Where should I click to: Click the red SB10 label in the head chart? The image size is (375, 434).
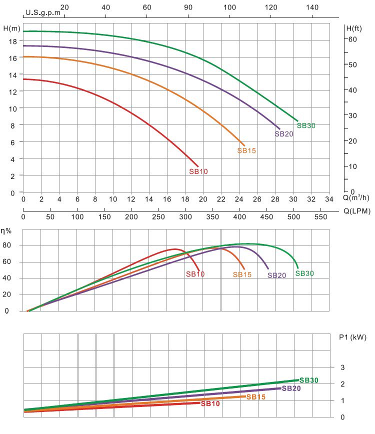pyautogui.click(x=198, y=171)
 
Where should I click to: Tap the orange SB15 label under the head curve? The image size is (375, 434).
pyautogui.click(x=246, y=150)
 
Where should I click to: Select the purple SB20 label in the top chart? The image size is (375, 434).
pyautogui.click(x=284, y=133)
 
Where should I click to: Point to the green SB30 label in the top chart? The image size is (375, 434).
pyautogui.click(x=306, y=125)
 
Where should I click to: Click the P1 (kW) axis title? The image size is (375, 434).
pyautogui.click(x=352, y=337)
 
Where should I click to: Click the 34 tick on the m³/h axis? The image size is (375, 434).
pyautogui.click(x=329, y=199)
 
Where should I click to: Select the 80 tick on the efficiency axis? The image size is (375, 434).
pyautogui.click(x=7, y=245)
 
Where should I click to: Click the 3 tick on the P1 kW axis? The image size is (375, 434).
pyautogui.click(x=342, y=367)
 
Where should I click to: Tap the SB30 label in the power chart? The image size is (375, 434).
pyautogui.click(x=309, y=380)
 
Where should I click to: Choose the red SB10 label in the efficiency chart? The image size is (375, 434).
pyautogui.click(x=195, y=273)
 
